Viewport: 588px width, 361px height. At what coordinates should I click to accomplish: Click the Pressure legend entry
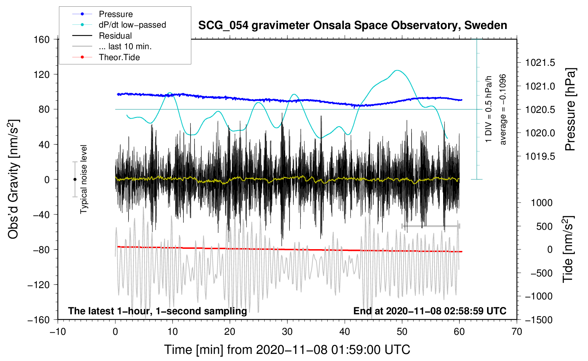tap(115, 14)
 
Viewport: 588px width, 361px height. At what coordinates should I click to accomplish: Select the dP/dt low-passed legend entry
tap(132, 25)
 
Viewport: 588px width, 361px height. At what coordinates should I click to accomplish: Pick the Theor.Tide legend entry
tap(119, 57)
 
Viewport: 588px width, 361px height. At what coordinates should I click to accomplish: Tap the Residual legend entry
tap(115, 36)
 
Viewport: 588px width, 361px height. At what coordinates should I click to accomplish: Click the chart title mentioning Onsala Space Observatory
tap(352, 25)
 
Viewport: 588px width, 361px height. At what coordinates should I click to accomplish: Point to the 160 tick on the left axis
tap(42, 39)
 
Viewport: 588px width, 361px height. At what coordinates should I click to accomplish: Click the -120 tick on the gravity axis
tap(39, 285)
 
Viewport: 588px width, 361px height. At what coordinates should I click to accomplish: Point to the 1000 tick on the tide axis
tap(542, 203)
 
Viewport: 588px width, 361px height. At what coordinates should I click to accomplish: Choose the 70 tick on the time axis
tap(517, 332)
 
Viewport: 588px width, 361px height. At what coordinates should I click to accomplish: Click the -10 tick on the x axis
tap(58, 332)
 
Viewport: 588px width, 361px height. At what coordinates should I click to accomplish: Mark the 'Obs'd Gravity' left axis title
tap(13, 179)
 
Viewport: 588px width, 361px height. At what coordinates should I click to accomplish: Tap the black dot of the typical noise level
tap(75, 179)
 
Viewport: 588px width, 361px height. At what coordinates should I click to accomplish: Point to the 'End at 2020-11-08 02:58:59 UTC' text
tap(430, 311)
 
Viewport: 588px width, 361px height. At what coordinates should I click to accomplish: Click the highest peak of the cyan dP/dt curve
tap(397, 70)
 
